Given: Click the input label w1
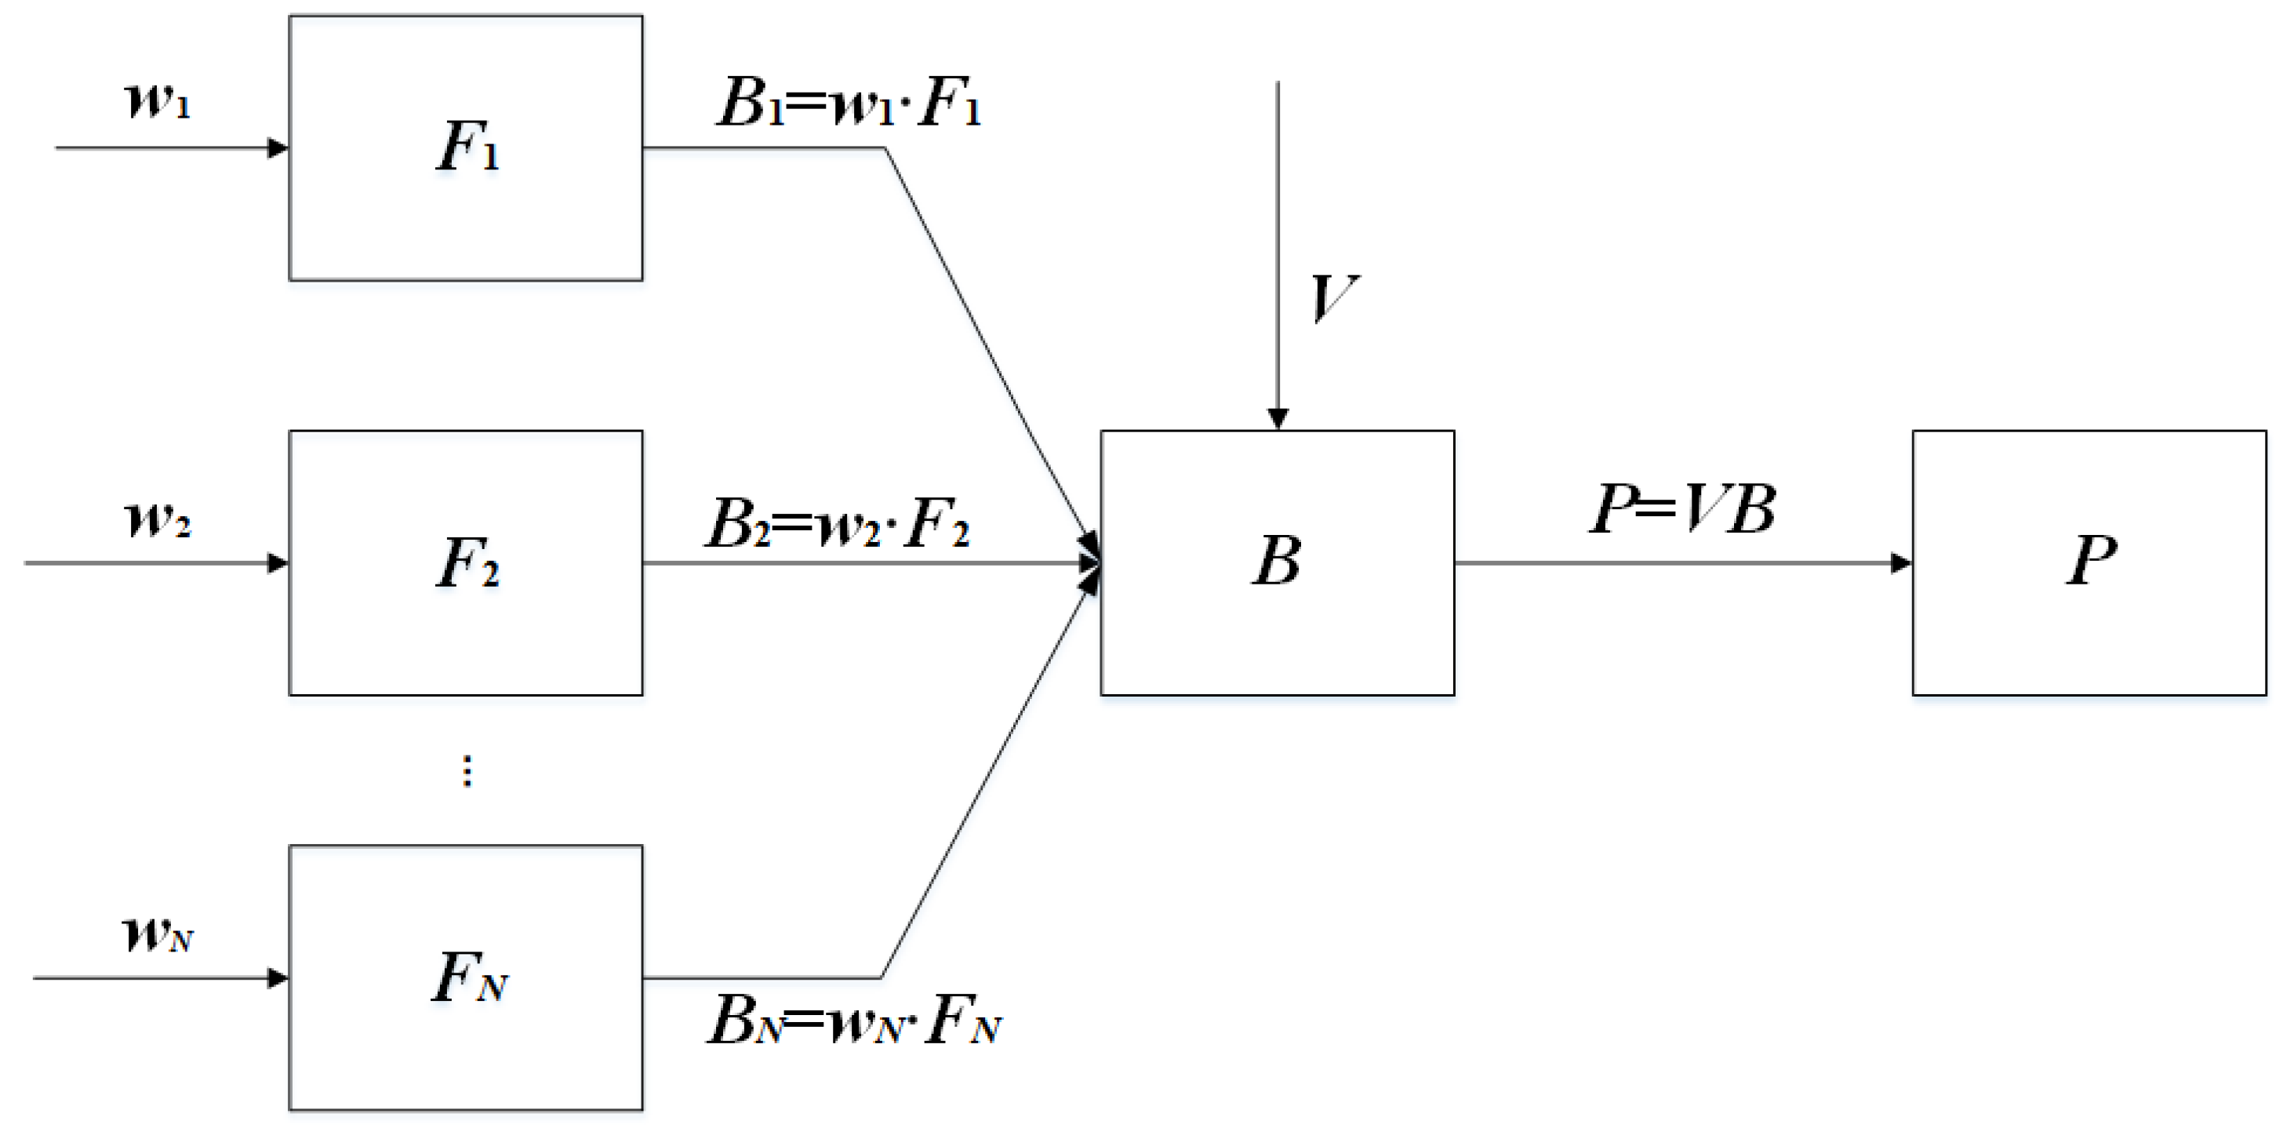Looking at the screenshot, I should click(x=158, y=100).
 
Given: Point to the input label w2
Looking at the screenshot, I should click(x=158, y=519).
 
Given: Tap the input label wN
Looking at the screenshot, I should click(x=158, y=933).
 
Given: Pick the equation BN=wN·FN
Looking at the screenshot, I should click(x=853, y=1020).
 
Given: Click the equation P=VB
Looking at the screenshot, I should click(x=1681, y=510).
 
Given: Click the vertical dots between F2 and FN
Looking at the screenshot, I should click(x=467, y=771).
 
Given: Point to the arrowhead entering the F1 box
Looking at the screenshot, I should click(x=278, y=148).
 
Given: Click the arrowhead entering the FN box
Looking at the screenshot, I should click(x=278, y=977).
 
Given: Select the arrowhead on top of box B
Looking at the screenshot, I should click(x=1277, y=418).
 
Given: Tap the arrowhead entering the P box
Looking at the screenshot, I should click(x=1901, y=562).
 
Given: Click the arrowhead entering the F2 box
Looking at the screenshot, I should click(x=278, y=562).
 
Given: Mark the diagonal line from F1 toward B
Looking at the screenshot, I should click(x=983, y=341).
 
